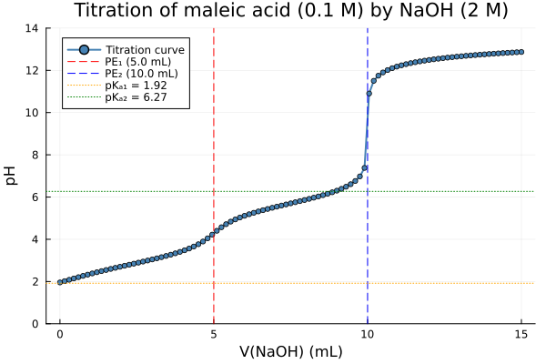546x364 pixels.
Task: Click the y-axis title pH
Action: [x=12, y=175]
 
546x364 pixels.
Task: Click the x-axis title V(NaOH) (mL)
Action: [x=291, y=351]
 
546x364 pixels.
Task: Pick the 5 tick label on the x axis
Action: [x=214, y=334]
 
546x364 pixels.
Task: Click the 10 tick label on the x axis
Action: [x=368, y=334]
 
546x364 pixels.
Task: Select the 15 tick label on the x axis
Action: [x=521, y=334]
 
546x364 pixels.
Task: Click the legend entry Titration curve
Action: [x=146, y=49]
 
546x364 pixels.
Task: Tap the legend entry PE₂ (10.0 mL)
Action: [x=145, y=73]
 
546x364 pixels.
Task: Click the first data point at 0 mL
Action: [x=60, y=282]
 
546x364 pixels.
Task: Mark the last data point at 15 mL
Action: [x=521, y=52]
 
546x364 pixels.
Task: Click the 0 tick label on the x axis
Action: [x=60, y=334]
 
